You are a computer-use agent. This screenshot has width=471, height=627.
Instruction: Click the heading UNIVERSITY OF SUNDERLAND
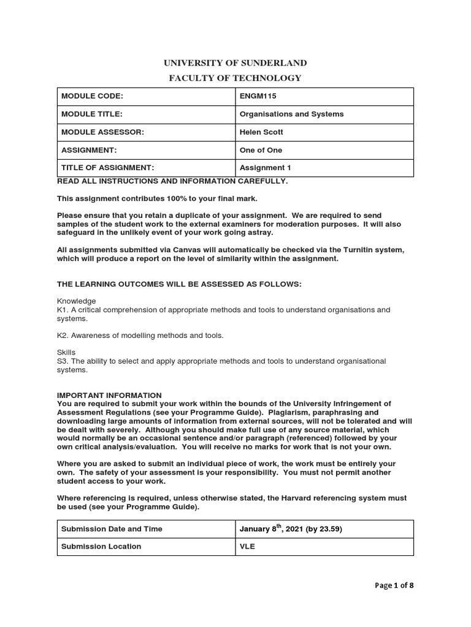[235, 63]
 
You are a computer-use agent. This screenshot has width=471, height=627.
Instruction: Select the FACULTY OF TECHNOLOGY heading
[235, 78]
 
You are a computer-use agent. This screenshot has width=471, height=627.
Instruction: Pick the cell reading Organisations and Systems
[291, 114]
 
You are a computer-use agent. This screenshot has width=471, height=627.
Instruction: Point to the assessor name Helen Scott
[262, 132]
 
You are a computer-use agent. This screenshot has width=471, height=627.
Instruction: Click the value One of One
[261, 150]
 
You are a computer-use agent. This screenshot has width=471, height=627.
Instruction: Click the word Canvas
[170, 250]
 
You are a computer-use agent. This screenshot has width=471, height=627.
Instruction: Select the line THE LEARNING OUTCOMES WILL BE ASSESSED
[179, 284]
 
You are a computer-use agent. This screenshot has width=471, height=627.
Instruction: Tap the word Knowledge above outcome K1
[76, 301]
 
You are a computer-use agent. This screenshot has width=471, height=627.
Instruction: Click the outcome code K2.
[63, 336]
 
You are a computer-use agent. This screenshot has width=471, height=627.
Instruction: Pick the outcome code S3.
[63, 361]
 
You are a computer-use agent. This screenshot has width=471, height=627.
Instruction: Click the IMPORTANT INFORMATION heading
[109, 396]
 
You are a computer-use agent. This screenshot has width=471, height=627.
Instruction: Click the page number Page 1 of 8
[394, 585]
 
